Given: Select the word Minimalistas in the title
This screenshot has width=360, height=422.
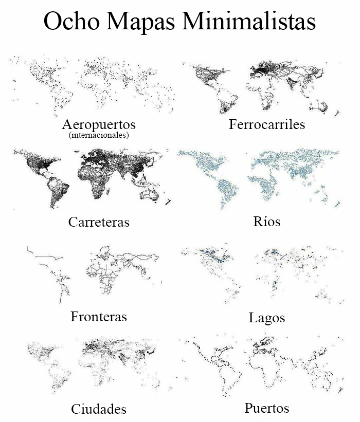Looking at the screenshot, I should click(248, 22).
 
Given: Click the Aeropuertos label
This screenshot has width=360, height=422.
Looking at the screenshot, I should click(99, 125).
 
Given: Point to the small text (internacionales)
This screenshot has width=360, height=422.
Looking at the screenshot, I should click(98, 136).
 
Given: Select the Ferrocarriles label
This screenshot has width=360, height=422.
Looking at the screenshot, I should click(267, 124).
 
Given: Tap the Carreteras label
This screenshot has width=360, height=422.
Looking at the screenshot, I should click(99, 222).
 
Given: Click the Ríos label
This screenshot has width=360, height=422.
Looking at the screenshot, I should click(267, 222).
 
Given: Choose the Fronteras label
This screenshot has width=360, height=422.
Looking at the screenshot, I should click(99, 316).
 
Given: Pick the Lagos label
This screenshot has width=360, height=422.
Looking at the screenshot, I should click(267, 318).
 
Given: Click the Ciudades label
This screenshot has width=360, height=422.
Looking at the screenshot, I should click(99, 409).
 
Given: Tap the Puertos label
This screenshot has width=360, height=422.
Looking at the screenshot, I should click(267, 408).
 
